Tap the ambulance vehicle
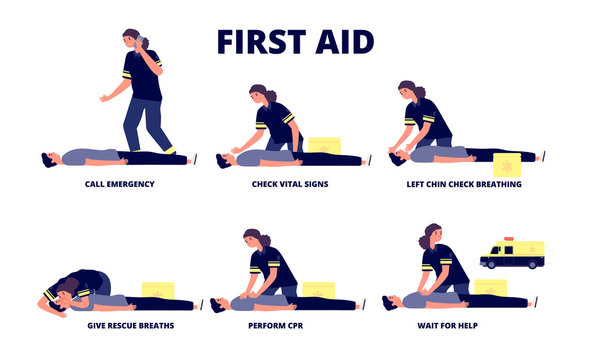(x=512, y=254)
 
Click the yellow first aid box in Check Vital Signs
(x=323, y=145)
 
